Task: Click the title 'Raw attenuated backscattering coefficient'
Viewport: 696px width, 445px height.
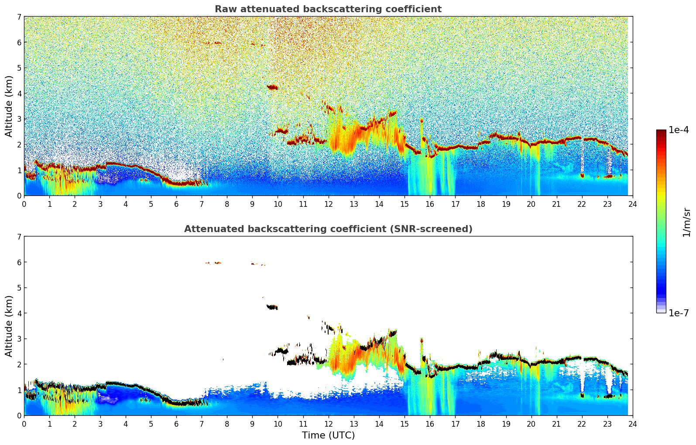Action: [x=328, y=9]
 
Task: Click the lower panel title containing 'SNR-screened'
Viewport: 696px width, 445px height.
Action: [x=328, y=229]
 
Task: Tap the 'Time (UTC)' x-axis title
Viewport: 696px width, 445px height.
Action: [x=328, y=435]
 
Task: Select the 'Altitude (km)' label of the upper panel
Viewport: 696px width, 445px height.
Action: [x=9, y=106]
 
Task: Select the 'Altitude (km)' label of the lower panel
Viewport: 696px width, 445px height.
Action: [x=9, y=326]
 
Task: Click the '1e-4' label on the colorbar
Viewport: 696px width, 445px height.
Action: [x=679, y=130]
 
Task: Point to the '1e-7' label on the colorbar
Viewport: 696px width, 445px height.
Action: [x=679, y=313]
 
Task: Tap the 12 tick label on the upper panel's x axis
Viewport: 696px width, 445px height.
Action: [x=328, y=204]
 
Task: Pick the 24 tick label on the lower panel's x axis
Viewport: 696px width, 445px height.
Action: [x=632, y=424]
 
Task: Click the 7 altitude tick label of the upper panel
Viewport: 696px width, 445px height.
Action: [x=19, y=17]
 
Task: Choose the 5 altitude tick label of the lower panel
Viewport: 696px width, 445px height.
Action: [x=19, y=288]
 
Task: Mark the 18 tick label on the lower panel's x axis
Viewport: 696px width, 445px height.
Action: [x=480, y=424]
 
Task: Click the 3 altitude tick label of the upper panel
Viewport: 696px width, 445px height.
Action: [x=19, y=119]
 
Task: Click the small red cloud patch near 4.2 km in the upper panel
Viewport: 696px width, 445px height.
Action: [x=272, y=87]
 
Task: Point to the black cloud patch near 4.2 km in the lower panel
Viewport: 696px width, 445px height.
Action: [x=272, y=307]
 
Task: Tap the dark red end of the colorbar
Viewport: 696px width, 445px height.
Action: [x=661, y=132]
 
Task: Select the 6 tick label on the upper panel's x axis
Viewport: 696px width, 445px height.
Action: [x=176, y=204]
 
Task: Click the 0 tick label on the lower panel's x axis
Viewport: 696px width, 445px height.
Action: [x=24, y=424]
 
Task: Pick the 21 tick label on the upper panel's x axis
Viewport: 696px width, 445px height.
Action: [x=556, y=204]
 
